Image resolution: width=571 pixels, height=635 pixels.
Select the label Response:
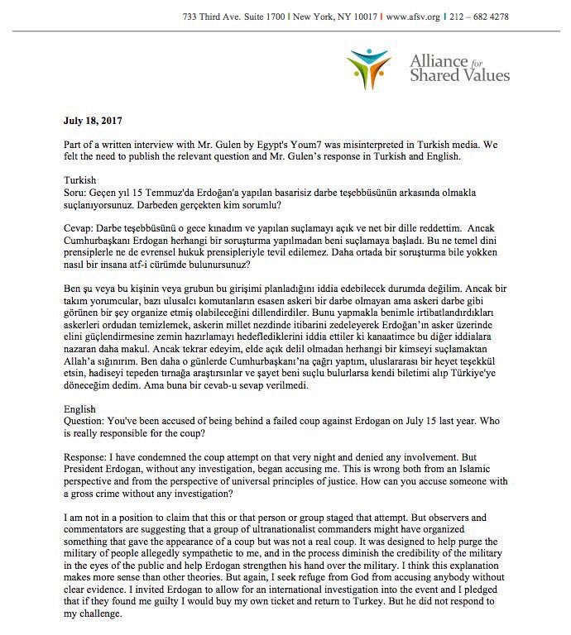[x=92, y=455]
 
